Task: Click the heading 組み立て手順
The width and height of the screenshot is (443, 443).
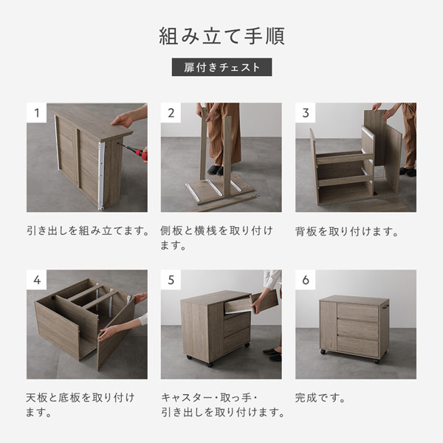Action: click(x=221, y=36)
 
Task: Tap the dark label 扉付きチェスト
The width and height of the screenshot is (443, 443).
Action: click(x=221, y=67)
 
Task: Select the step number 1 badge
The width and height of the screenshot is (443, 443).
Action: click(x=36, y=113)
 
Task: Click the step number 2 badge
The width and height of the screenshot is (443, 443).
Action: click(x=171, y=113)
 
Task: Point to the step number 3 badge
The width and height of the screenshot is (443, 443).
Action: click(x=306, y=113)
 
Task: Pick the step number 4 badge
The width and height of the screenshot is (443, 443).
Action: click(x=36, y=280)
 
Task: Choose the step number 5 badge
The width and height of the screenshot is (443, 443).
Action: click(x=171, y=280)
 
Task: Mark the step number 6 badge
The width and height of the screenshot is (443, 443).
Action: click(x=306, y=280)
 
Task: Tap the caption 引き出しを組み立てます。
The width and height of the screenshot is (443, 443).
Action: click(x=88, y=231)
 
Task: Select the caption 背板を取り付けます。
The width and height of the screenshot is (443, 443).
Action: click(x=347, y=232)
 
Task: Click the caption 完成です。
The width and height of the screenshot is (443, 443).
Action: click(x=320, y=398)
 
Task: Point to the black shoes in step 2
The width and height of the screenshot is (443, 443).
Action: click(x=216, y=170)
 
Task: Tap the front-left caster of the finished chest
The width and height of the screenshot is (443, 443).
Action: click(x=323, y=352)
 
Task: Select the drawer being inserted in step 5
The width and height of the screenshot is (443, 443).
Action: click(x=251, y=303)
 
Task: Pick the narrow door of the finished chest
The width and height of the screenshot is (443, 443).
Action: click(x=329, y=326)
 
